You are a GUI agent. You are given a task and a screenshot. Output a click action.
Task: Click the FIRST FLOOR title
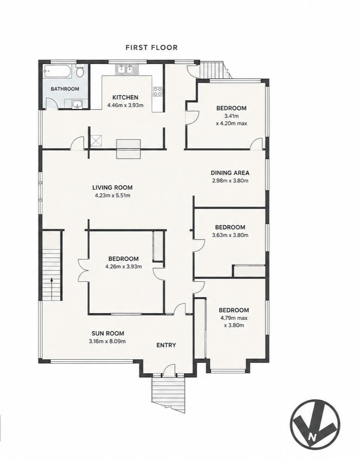point(152,47)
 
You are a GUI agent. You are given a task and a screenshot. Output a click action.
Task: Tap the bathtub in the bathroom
point(57,71)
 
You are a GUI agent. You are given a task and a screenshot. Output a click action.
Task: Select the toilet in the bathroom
point(80,71)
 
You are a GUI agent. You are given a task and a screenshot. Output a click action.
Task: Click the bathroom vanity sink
point(77,104)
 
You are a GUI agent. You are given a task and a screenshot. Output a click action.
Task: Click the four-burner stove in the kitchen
point(158,91)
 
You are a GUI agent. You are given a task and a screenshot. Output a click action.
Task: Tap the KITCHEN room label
point(125,97)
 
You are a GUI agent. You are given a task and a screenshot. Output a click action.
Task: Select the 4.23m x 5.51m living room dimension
point(113,195)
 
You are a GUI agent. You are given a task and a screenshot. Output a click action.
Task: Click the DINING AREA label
point(230,173)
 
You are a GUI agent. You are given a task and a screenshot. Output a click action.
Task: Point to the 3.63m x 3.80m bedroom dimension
point(230,235)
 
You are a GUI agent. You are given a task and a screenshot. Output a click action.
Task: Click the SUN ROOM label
point(108,333)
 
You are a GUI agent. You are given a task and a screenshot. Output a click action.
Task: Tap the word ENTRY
point(166,345)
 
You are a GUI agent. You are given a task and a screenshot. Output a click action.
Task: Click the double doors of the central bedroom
point(83,270)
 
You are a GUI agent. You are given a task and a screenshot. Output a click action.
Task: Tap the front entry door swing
point(169,369)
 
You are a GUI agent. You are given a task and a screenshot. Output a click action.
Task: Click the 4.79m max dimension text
point(234,318)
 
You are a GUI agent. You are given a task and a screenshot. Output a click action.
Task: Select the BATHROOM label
point(65,89)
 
